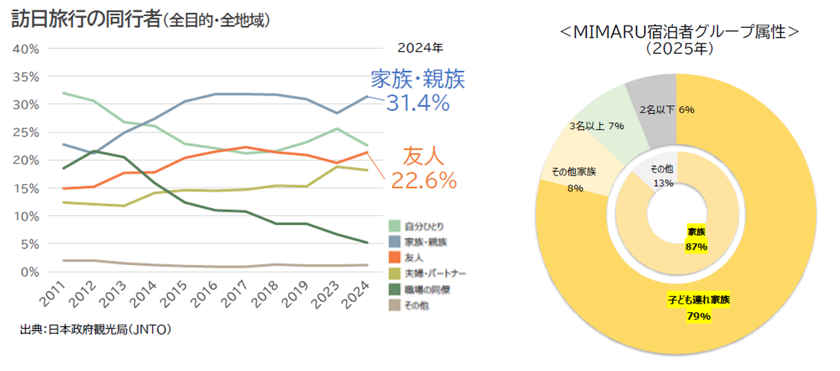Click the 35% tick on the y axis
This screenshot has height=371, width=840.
26,77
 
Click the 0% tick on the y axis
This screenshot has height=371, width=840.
28,272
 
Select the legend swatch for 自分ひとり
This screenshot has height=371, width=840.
395,226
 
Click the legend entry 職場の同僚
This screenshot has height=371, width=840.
426,290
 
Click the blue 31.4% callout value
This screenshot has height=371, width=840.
417,103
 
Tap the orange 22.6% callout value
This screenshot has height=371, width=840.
424,181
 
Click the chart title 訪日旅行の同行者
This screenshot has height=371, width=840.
86,20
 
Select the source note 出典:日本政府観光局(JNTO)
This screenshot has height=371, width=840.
95,330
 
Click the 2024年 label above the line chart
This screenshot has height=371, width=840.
420,48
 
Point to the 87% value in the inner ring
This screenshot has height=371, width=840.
697,246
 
